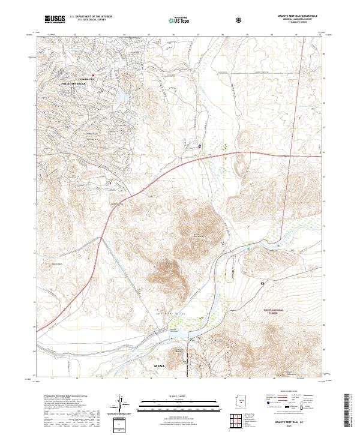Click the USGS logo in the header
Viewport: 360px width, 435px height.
(55, 19)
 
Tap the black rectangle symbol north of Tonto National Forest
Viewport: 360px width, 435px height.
(263, 281)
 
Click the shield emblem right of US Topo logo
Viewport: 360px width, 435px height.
(239, 20)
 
